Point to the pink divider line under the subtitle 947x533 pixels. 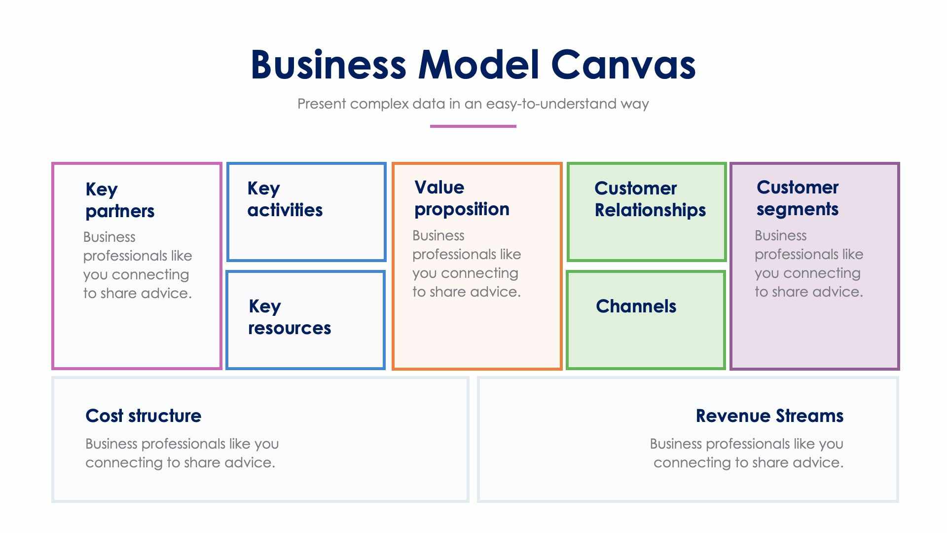point(473,126)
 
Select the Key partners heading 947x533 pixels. point(120,200)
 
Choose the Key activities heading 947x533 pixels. point(285,199)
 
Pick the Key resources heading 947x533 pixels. point(289,317)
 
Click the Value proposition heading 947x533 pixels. point(462,198)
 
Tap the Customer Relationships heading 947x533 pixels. point(650,199)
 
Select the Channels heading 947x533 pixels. point(636,306)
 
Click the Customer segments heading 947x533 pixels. point(797,198)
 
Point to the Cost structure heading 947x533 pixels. point(143,416)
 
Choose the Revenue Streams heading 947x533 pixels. point(769,416)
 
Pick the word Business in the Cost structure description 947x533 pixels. point(111,444)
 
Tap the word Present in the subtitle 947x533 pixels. point(322,104)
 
